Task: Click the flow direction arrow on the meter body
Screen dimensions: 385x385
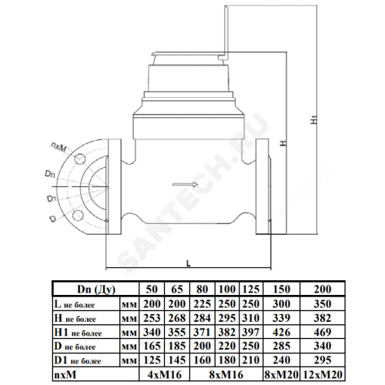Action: coord(185,184)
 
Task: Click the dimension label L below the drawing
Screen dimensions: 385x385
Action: coord(189,263)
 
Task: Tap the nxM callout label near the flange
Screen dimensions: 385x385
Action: coord(59,147)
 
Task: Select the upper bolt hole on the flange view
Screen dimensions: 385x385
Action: coord(80,159)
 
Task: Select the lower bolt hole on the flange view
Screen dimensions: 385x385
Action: coord(77,216)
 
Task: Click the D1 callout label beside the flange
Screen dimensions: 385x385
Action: coord(52,199)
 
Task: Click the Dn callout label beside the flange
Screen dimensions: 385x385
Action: coord(49,174)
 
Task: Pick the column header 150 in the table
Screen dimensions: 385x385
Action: coord(282,290)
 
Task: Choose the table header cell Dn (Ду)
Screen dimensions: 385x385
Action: coord(96,290)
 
